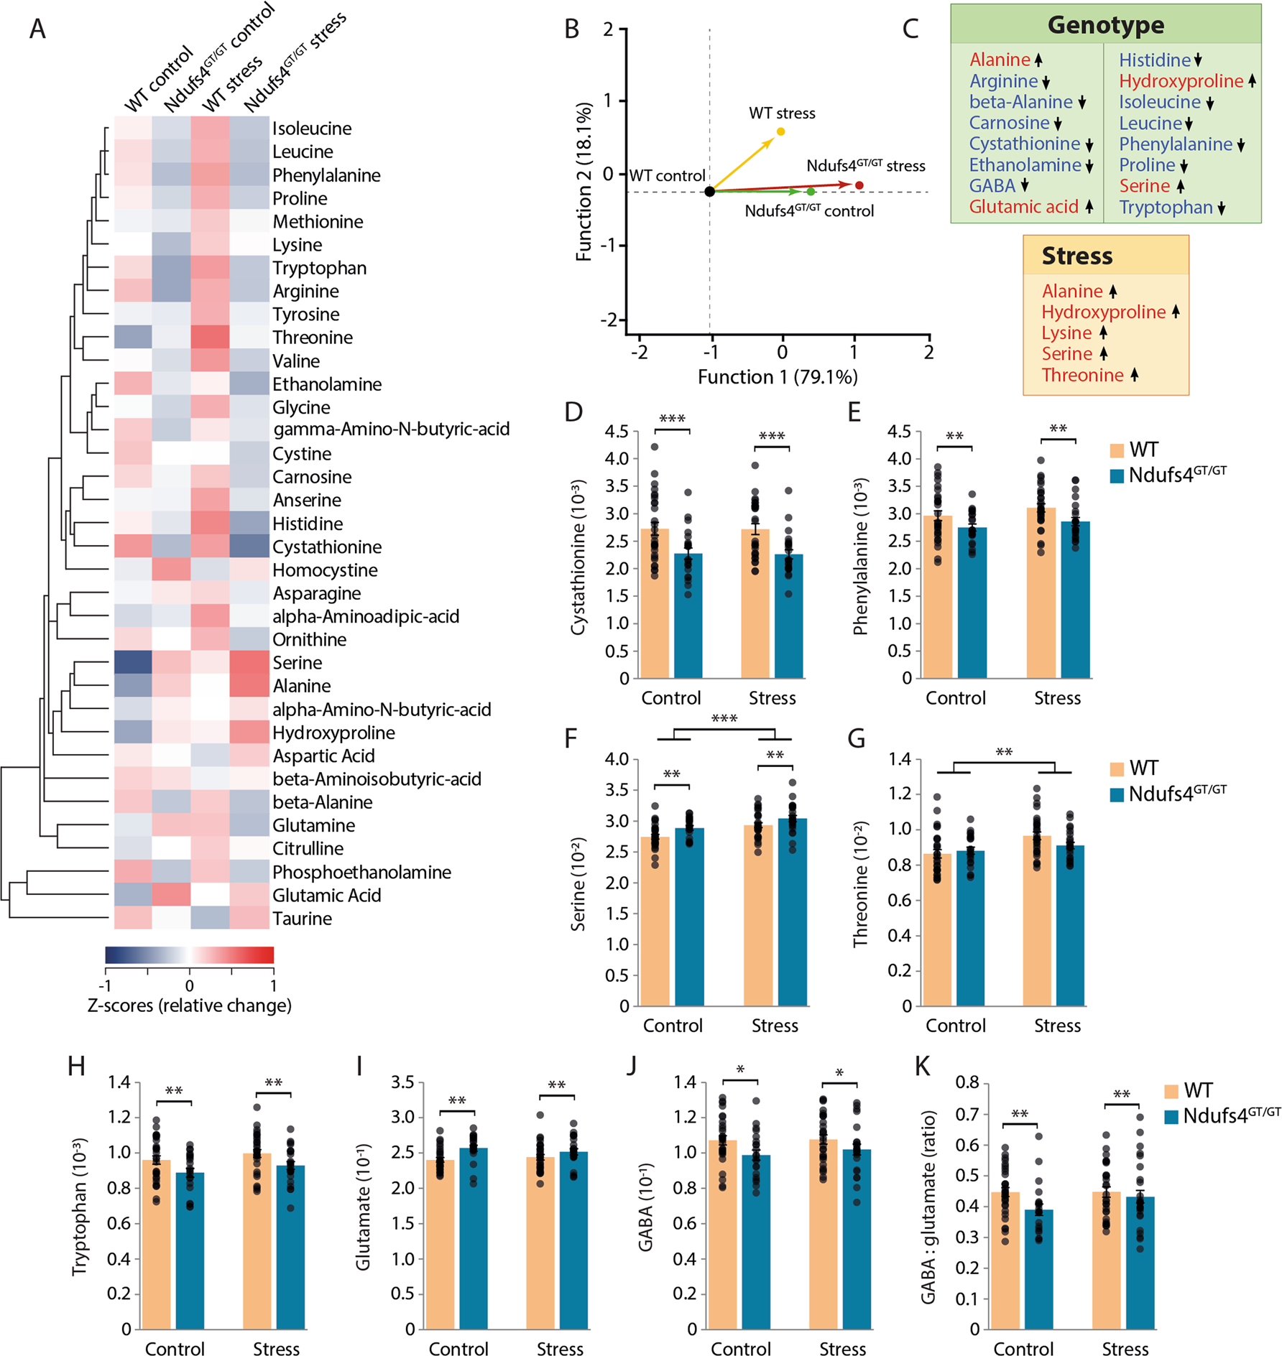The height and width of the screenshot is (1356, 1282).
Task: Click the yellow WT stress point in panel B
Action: (x=780, y=131)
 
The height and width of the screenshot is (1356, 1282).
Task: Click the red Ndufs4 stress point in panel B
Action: (x=859, y=185)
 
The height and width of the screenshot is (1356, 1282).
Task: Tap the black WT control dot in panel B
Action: (x=709, y=191)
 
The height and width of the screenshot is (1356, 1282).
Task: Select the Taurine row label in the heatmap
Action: (x=302, y=919)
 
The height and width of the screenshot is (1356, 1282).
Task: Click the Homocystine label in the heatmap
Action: (x=325, y=570)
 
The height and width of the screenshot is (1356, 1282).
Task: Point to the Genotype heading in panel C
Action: (x=1105, y=25)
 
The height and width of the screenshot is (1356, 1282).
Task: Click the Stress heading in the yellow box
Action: (x=1076, y=256)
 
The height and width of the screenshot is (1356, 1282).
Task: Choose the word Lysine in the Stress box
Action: (x=1066, y=333)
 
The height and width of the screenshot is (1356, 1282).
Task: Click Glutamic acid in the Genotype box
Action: (x=1023, y=207)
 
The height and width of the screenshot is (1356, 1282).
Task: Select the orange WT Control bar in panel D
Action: (x=655, y=603)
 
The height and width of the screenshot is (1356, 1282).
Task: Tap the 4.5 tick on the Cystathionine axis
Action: (x=617, y=432)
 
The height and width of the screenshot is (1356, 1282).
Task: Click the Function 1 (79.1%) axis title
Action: (x=778, y=377)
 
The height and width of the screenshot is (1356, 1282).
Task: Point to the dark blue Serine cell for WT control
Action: (x=133, y=662)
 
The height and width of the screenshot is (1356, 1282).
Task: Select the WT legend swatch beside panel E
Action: (x=1117, y=450)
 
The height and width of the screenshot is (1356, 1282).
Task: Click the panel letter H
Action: (x=76, y=1066)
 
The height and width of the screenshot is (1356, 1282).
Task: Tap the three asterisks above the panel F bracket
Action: (x=724, y=719)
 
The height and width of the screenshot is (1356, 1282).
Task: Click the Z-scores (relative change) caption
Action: (x=189, y=1006)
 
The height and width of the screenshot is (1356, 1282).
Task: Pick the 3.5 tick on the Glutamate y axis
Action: (x=402, y=1082)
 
